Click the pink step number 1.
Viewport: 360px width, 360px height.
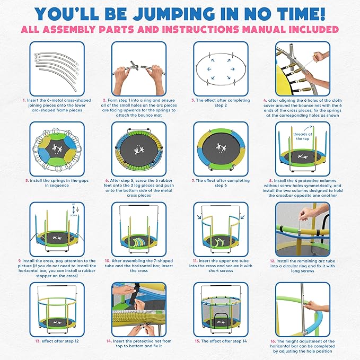(24, 100)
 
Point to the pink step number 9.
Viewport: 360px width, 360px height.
(20, 261)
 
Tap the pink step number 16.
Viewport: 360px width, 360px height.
(272, 341)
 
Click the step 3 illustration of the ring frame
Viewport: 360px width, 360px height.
(215, 68)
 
